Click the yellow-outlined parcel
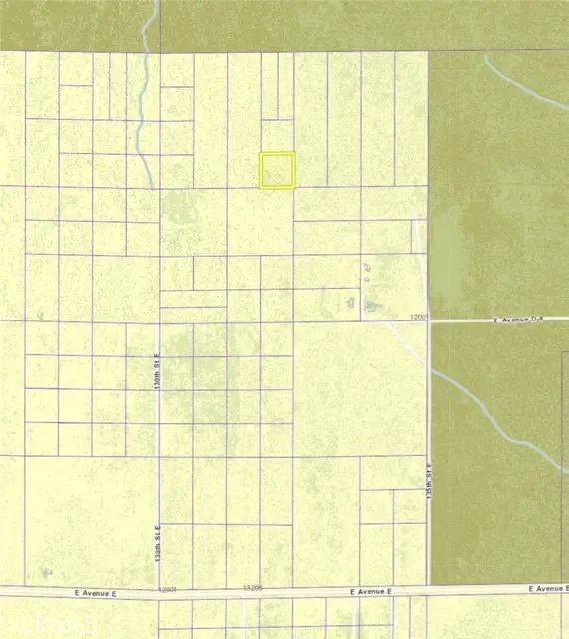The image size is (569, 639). [x=278, y=170]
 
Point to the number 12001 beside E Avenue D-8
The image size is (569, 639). [x=418, y=317]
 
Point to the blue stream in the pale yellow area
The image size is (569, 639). [x=144, y=100]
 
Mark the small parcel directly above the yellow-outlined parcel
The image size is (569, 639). [x=278, y=136]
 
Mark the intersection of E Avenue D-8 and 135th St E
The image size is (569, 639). [x=429, y=320]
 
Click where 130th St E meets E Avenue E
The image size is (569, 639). [x=159, y=591]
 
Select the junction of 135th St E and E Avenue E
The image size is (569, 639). [x=429, y=590]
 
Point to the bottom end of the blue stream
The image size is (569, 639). [x=150, y=186]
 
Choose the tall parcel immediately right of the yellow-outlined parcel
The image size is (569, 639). [x=311, y=120]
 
